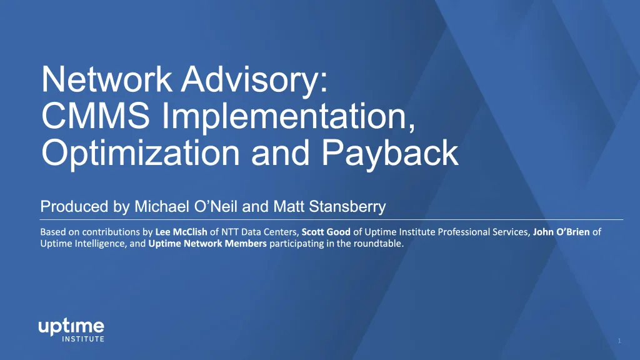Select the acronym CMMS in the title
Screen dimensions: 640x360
pos(96,116)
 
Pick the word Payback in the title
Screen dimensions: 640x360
pos(390,154)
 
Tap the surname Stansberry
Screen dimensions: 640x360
pos(347,206)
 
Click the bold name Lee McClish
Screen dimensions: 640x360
pos(181,232)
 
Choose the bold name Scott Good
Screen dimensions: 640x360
pos(326,232)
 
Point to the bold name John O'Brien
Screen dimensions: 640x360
pos(561,232)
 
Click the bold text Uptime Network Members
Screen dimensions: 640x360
pos(207,244)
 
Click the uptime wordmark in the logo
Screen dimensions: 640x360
pos(71,327)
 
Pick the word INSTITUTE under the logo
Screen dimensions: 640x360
pos(83,339)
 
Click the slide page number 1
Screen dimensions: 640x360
pos(619,341)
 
